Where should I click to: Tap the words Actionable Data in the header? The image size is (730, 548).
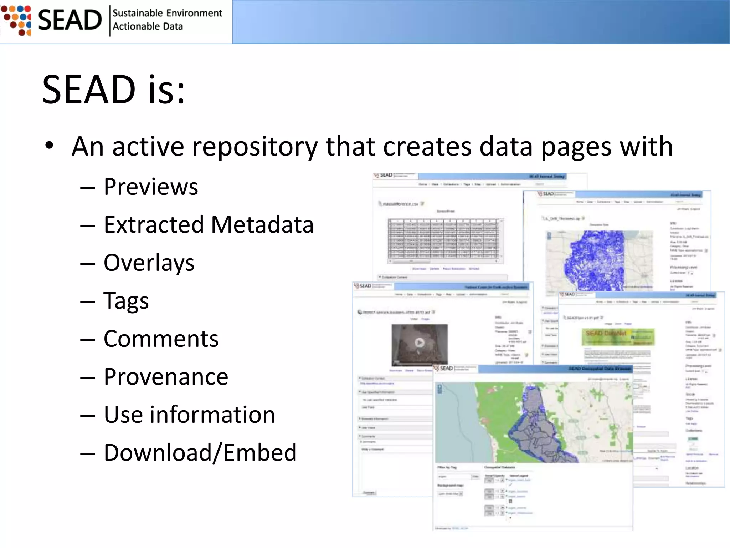[148, 27]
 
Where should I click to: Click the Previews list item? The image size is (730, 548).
[150, 187]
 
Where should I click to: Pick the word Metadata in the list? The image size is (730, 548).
[262, 225]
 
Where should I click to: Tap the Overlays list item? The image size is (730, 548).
[149, 263]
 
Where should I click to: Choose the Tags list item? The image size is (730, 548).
[126, 301]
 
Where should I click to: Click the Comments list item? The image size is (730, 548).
[161, 339]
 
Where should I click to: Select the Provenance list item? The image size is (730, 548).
[166, 377]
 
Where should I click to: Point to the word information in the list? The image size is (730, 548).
[212, 415]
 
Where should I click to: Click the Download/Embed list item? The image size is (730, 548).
[200, 453]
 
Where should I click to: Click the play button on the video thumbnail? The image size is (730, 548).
[420, 343]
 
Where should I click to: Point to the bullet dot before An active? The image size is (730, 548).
[49, 146]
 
